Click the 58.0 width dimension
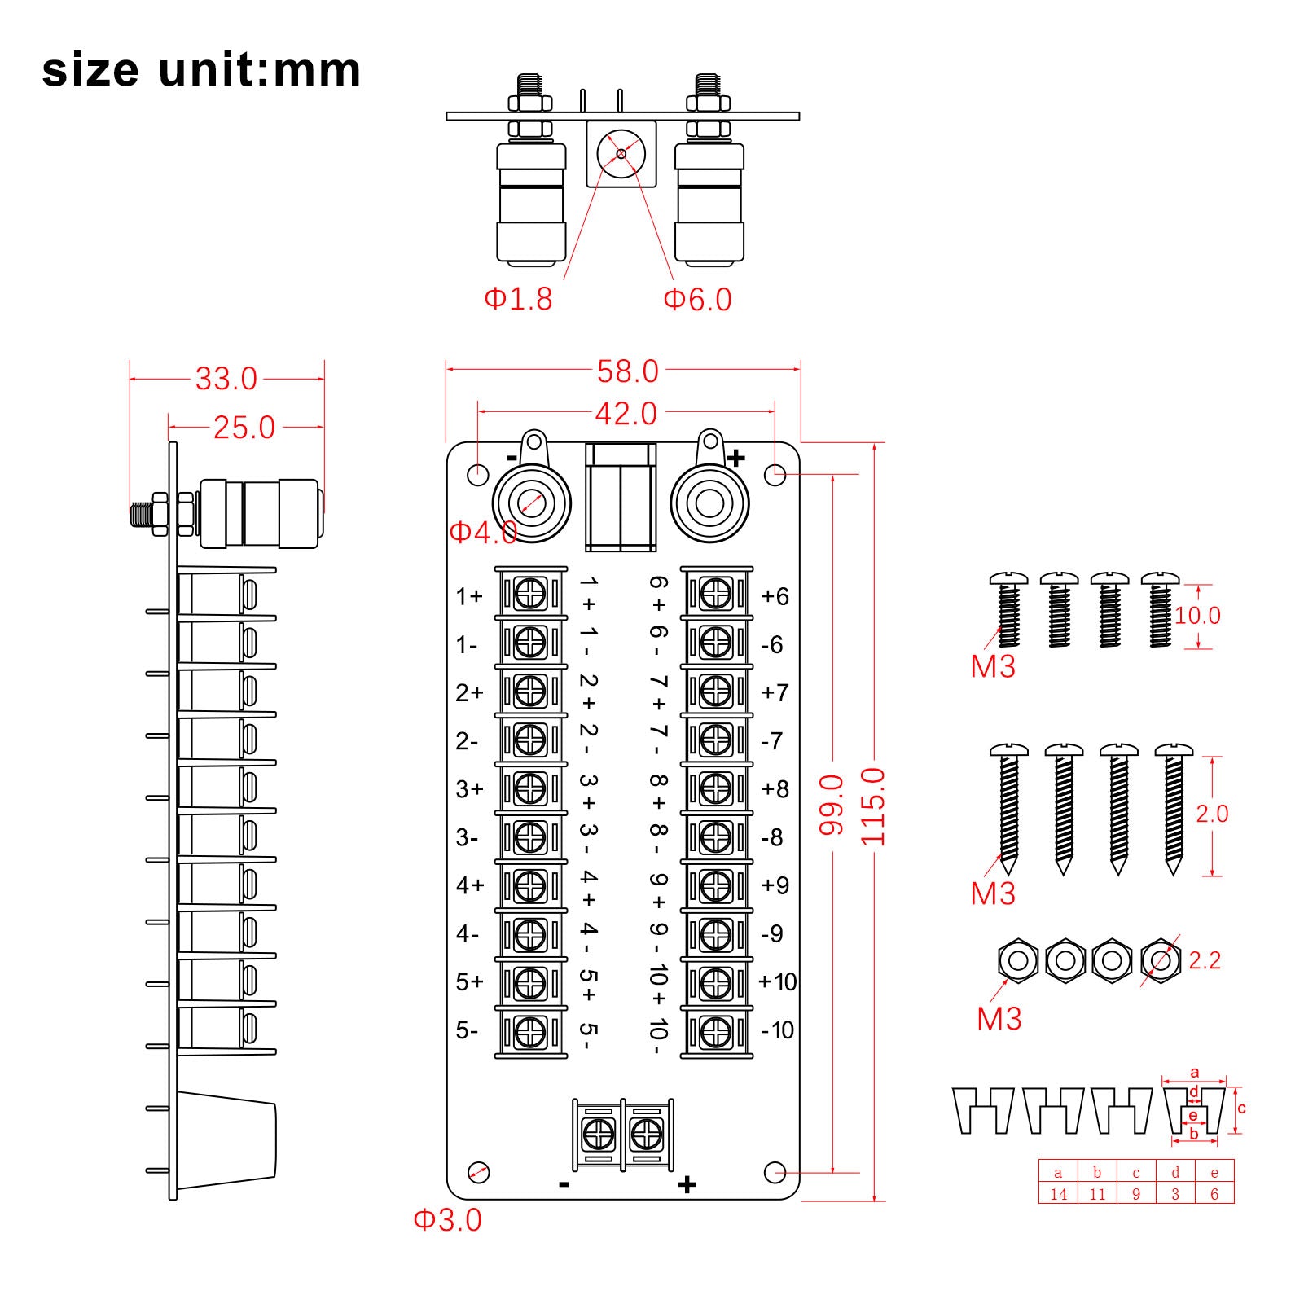(x=627, y=371)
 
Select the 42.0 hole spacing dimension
(x=626, y=414)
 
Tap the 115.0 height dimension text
(x=873, y=806)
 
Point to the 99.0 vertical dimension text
(x=832, y=805)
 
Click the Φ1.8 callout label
(x=518, y=299)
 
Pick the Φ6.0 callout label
(x=697, y=300)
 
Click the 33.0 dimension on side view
(x=226, y=379)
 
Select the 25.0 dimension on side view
(x=244, y=428)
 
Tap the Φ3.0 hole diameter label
(x=447, y=1219)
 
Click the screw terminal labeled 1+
(x=530, y=593)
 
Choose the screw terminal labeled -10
(x=716, y=1032)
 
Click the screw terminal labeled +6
(x=716, y=593)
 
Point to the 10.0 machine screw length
(x=1197, y=616)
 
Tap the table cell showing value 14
(x=1058, y=1194)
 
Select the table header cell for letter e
(x=1214, y=1173)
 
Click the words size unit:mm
(x=201, y=70)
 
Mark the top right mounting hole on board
(x=775, y=473)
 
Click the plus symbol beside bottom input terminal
(x=687, y=1184)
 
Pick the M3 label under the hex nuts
(x=999, y=1018)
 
